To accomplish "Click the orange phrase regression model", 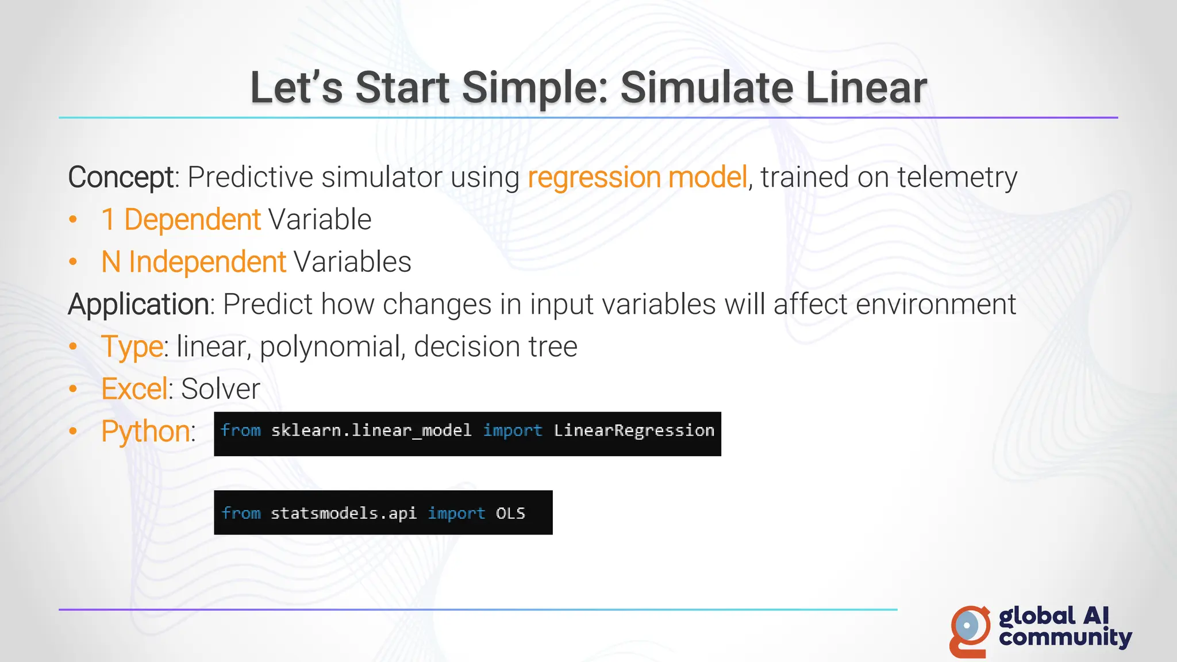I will point(637,177).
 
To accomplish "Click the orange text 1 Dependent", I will point(181,220).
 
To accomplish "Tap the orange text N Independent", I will point(193,262).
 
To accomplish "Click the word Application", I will point(138,305).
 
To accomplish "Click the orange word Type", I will point(132,347).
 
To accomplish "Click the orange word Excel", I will point(134,389).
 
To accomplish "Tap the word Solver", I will point(221,389).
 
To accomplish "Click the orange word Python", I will point(145,432).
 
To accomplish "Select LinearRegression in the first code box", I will point(633,430).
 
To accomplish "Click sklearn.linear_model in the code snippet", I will point(371,430).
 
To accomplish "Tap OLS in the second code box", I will point(510,513).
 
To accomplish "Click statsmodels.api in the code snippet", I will point(343,513).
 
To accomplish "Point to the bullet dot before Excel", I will point(73,389).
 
